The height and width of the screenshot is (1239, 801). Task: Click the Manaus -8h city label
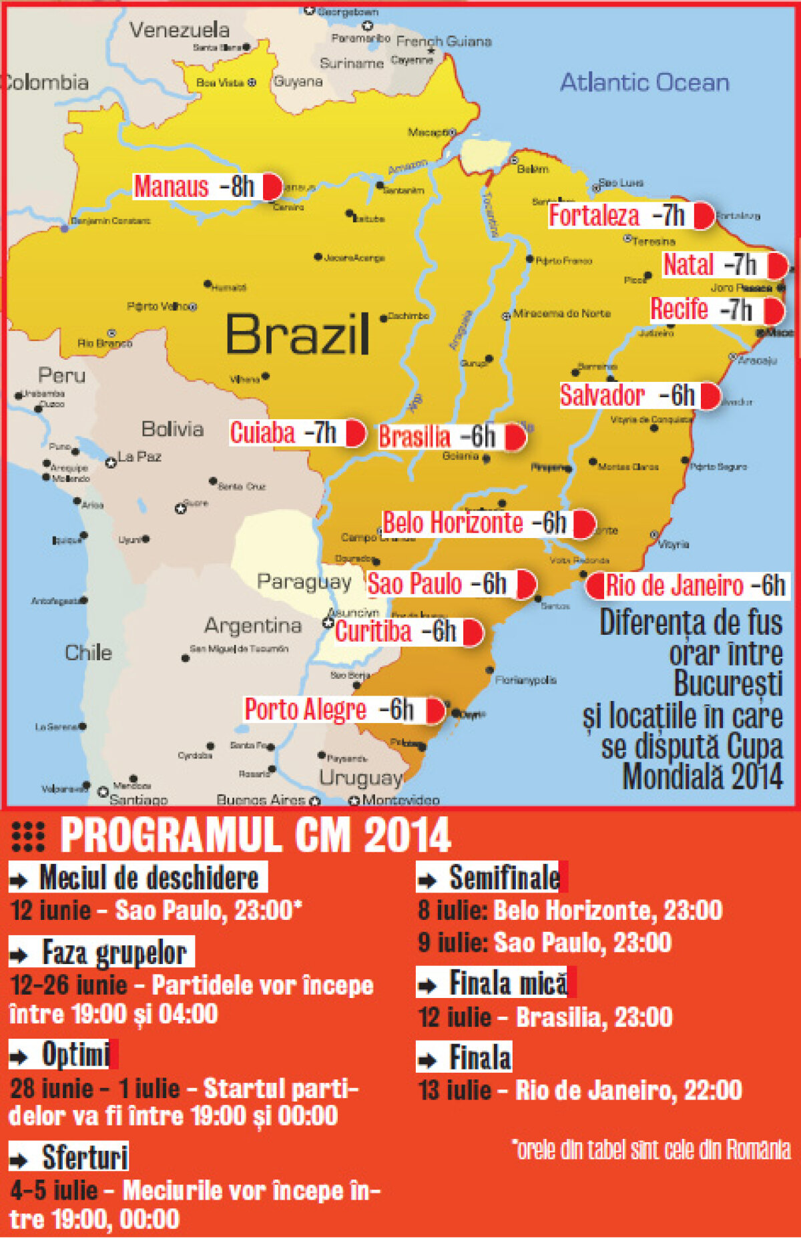195,187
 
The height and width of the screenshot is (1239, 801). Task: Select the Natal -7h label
710,265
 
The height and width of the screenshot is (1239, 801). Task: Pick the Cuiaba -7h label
284,433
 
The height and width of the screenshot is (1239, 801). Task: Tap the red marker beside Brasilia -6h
515,437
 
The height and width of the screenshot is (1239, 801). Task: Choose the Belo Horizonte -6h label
475,523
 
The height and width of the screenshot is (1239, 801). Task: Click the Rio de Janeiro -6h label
694,586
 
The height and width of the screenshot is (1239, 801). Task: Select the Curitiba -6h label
396,632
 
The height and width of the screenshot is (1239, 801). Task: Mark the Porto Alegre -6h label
329,710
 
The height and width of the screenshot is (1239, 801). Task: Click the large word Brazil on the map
297,334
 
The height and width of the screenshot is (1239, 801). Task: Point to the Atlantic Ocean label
644,83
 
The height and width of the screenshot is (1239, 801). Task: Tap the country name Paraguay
304,582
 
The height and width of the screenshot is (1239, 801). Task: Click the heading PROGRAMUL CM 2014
256,835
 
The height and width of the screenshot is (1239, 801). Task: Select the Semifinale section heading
504,877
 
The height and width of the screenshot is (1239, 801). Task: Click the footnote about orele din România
651,1150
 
